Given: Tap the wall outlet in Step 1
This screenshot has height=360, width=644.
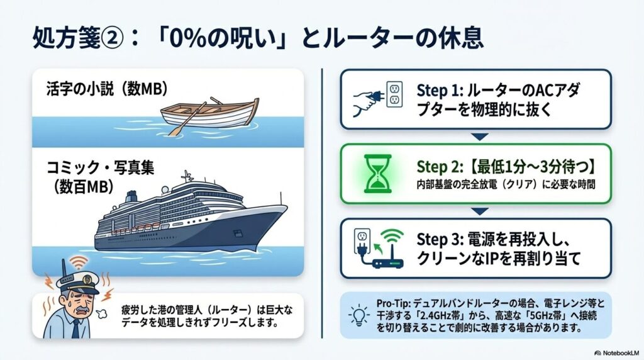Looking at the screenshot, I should coord(394,96).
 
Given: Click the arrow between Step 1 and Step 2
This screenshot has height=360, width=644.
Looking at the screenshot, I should coord(479,137).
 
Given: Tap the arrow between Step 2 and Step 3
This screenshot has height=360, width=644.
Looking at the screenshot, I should coord(479,211).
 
